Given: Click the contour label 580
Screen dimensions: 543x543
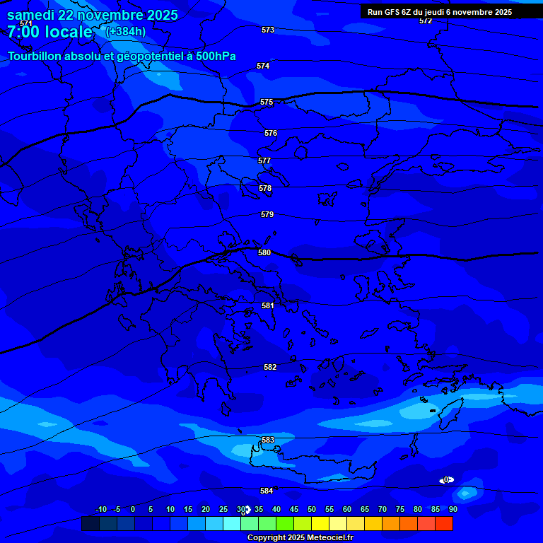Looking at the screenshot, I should point(264,252).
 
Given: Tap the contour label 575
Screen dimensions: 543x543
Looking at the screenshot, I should point(267,103).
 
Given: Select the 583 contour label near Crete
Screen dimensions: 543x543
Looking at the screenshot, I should point(268,440).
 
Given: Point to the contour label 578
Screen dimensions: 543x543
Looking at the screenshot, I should point(265,189).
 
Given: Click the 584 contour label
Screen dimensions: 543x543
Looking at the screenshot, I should point(267,491).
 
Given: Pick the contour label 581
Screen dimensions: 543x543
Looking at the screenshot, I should point(268,305).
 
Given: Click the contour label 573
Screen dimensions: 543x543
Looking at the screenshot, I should point(268,30).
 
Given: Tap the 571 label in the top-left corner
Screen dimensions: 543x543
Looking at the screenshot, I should point(26,23).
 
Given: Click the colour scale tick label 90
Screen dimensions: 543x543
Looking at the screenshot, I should point(452,509).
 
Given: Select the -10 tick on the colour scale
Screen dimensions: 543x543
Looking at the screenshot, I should point(101,509).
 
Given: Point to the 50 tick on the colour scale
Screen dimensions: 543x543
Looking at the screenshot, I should point(312,509).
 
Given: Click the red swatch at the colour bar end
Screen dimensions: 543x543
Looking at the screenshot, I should point(444,523).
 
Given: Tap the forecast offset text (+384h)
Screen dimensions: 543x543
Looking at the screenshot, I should point(126,31).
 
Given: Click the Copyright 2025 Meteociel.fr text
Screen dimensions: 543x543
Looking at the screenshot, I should point(300,537).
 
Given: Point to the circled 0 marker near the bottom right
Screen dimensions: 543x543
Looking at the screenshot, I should point(446,480).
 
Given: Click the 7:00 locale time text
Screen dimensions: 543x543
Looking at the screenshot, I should point(49,32).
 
